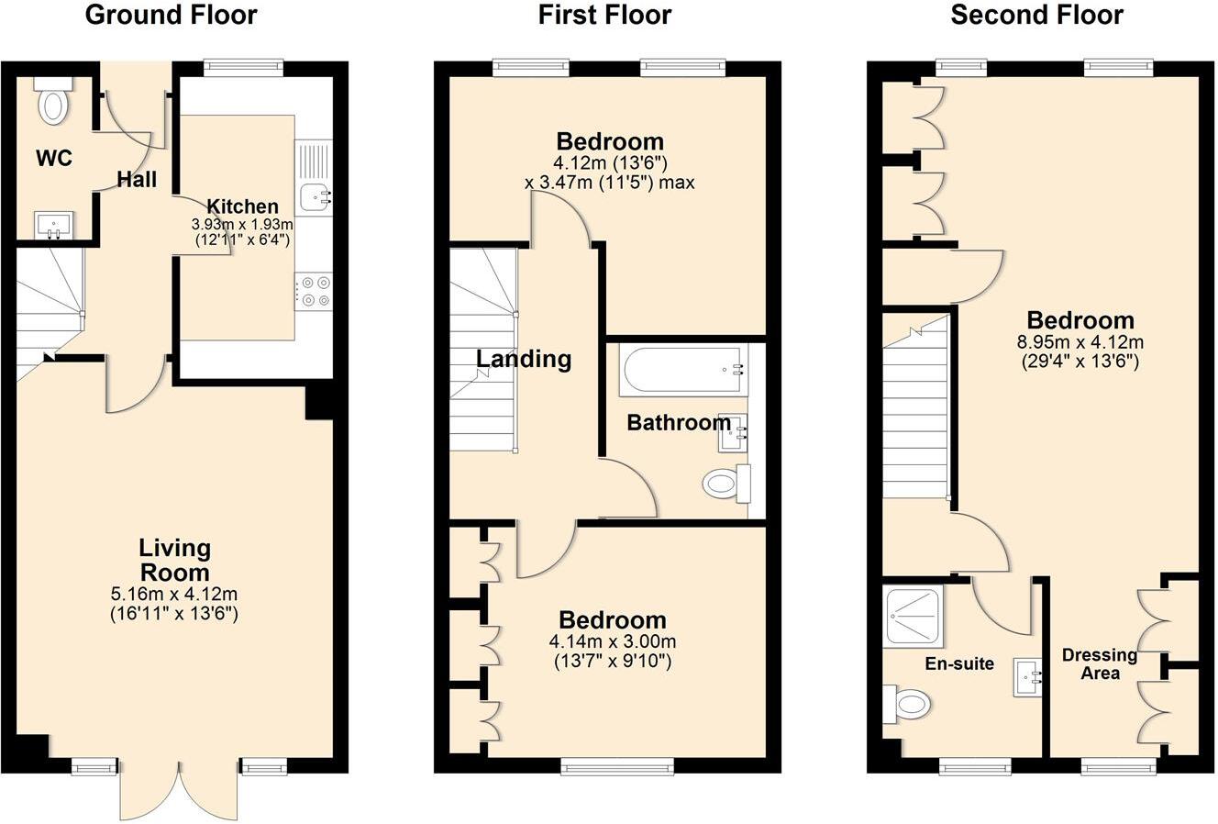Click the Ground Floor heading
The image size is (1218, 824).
point(171,16)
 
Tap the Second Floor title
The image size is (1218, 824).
point(1036,16)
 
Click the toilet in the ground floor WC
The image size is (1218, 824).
point(52,103)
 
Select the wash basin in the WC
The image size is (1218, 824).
point(54,224)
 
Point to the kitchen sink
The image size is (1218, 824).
point(315,195)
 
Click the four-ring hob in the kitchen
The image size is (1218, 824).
point(314,291)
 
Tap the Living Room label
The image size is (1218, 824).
point(174,561)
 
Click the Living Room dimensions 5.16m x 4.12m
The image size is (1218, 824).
point(174,595)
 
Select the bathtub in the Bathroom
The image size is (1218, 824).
point(684,370)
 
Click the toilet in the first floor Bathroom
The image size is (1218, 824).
point(726,483)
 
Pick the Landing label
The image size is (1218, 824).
point(524,359)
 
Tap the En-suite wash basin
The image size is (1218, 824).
point(1029,677)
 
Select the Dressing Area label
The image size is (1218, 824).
point(1099,664)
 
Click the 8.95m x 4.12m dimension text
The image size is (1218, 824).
point(1080,343)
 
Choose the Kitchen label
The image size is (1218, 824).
point(241,206)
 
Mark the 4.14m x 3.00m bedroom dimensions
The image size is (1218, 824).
point(613,642)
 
